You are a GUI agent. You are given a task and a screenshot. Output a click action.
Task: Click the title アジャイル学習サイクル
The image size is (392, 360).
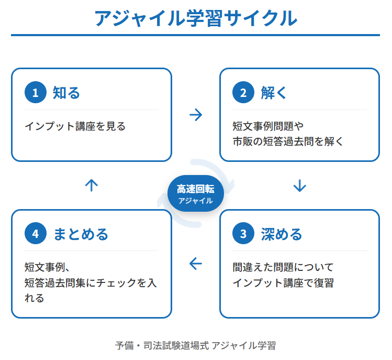tap(196, 18)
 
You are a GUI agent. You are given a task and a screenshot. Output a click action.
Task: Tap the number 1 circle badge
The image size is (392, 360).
tap(35, 93)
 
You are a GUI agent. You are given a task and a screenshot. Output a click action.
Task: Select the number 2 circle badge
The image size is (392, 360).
tap(243, 93)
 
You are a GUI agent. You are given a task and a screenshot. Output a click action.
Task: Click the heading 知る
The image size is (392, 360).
tap(66, 93)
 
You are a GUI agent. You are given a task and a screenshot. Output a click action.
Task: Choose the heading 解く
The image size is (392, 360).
tap(274, 93)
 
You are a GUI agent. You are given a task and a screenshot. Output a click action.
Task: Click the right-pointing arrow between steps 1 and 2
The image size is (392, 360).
tap(195, 115)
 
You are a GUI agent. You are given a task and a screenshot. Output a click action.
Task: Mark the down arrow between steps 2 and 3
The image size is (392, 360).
tap(299, 186)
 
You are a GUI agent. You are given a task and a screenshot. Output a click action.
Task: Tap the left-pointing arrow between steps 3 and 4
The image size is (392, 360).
tap(195, 264)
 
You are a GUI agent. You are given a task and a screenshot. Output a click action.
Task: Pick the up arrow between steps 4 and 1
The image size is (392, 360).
tap(92, 186)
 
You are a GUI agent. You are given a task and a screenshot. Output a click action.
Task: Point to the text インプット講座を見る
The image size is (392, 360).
tap(75, 126)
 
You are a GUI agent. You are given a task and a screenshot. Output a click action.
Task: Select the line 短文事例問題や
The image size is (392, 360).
tap(268, 126)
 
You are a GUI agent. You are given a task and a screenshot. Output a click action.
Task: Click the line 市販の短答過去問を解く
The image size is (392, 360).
tap(288, 141)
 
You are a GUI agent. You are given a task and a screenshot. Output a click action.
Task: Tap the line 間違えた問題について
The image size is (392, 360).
tap(283, 267)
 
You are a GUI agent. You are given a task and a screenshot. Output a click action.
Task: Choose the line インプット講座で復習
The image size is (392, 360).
tap(283, 283)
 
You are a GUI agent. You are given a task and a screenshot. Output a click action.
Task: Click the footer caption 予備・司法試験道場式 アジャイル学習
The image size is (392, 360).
tap(195, 345)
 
